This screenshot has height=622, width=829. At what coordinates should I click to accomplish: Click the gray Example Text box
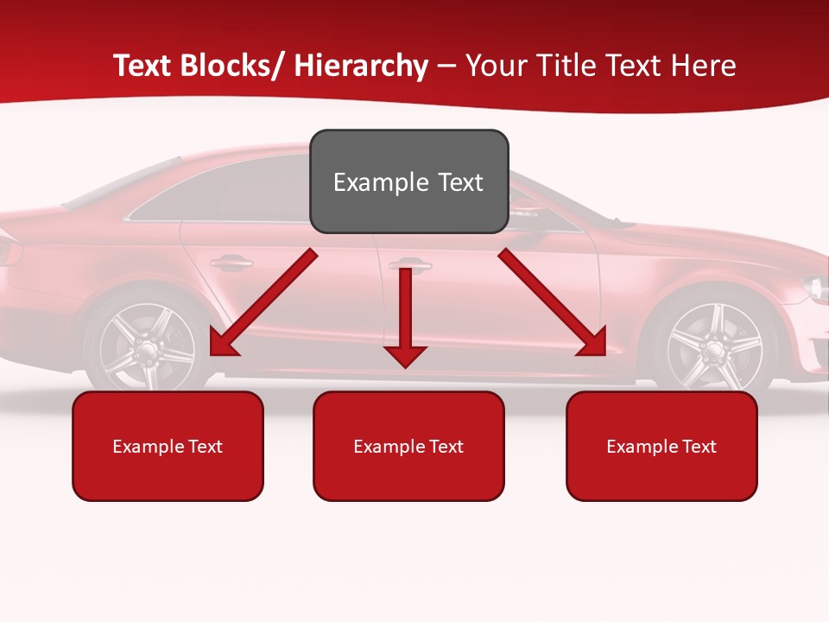(x=408, y=181)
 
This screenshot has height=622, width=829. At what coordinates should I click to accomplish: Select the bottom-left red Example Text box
(x=168, y=446)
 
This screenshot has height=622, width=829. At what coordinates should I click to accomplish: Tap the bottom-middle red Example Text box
(x=408, y=446)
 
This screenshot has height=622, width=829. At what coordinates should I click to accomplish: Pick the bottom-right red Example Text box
(x=661, y=446)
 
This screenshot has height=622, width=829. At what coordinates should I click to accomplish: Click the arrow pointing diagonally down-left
(x=263, y=302)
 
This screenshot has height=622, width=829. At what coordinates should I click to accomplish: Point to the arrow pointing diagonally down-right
(x=553, y=302)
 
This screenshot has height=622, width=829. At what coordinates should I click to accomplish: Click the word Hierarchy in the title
(x=361, y=66)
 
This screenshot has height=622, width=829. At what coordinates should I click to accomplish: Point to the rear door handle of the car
(x=231, y=261)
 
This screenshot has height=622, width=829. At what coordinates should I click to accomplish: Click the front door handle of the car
(x=409, y=263)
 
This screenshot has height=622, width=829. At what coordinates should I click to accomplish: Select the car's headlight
(x=814, y=287)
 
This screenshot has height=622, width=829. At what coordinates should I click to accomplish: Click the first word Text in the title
(x=144, y=66)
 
